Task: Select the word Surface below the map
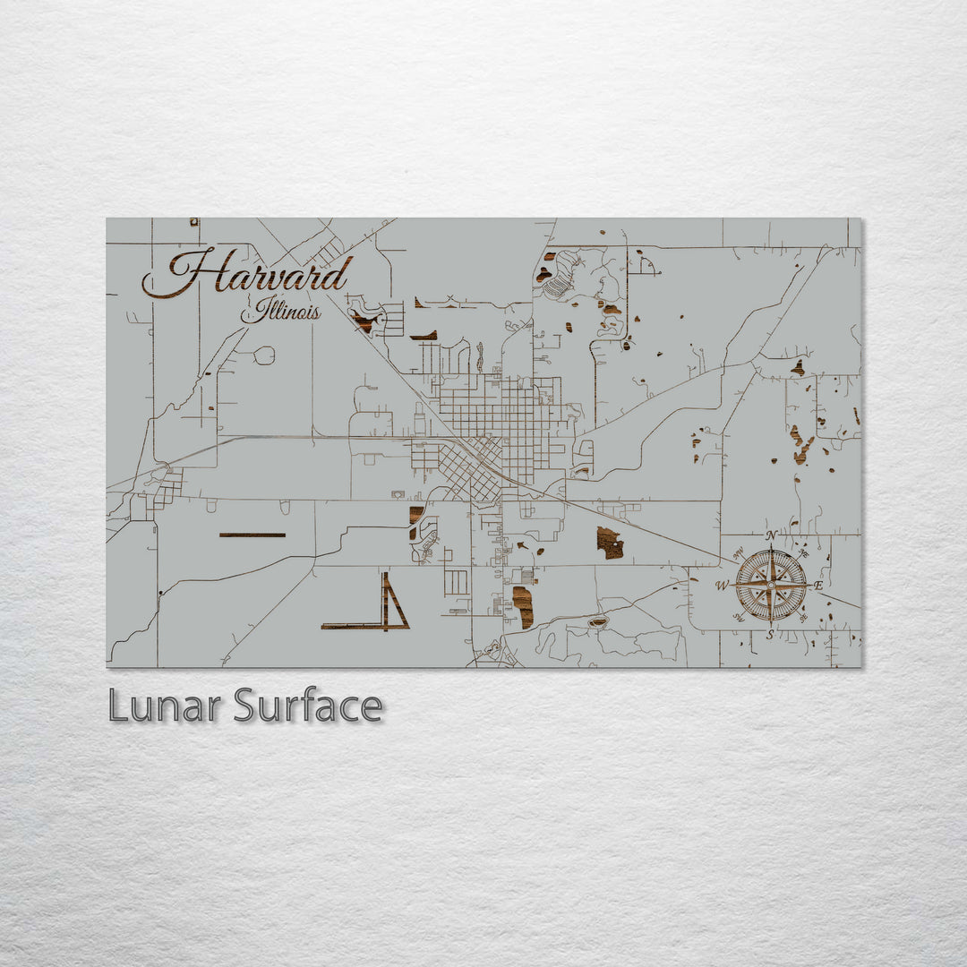pyautogui.click(x=307, y=706)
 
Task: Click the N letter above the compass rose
pyautogui.click(x=771, y=535)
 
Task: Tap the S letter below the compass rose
pyautogui.click(x=770, y=634)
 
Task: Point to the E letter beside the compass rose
pyautogui.click(x=817, y=586)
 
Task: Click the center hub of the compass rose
pyautogui.click(x=770, y=585)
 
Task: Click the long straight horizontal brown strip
pyautogui.click(x=252, y=535)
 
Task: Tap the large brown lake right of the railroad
pyautogui.click(x=610, y=543)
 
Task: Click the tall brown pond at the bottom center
pyautogui.click(x=523, y=607)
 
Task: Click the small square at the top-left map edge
pyautogui.click(x=193, y=221)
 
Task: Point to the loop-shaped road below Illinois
pyautogui.click(x=264, y=355)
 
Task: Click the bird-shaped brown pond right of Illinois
pyautogui.click(x=364, y=319)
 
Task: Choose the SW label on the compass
pyautogui.click(x=740, y=616)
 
